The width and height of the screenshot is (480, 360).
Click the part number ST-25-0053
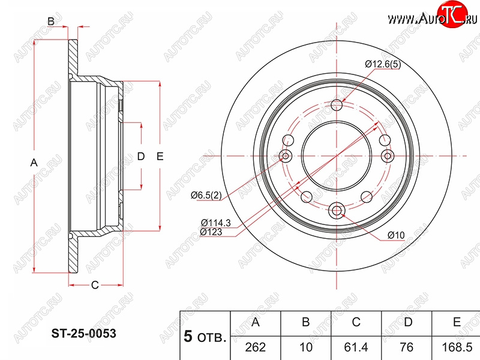tap(83, 334)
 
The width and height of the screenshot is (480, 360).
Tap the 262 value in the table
tap(256, 347)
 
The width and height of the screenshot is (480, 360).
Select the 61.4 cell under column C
tap(356, 347)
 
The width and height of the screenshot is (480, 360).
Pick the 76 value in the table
tap(407, 347)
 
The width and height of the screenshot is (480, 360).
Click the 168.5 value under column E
tap(457, 347)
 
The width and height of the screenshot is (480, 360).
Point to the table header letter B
tap(306, 322)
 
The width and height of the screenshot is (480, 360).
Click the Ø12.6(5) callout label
tap(383, 64)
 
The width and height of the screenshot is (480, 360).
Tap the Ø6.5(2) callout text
tap(206, 195)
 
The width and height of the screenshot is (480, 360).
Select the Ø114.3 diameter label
tap(216, 223)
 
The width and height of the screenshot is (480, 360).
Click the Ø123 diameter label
tap(211, 232)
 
